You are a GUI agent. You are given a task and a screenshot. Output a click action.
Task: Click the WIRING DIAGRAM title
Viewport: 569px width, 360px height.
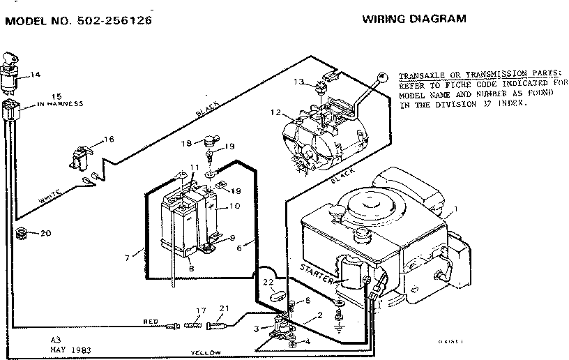[x=414, y=19]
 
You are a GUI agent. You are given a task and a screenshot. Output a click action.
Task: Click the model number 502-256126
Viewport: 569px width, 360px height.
[x=115, y=20]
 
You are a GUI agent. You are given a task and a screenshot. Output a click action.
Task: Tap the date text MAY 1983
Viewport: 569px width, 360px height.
[x=72, y=349]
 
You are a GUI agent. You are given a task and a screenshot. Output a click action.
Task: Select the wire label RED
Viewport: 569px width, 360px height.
[x=151, y=322]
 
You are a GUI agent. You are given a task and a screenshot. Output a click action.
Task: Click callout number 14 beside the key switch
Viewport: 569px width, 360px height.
[x=36, y=74]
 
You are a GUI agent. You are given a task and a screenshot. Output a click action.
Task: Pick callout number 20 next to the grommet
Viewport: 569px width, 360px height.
[x=46, y=233]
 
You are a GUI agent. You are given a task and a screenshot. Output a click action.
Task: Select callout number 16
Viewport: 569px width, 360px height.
[x=108, y=140]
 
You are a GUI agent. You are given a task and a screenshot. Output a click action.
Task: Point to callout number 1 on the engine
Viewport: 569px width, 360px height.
[x=455, y=209]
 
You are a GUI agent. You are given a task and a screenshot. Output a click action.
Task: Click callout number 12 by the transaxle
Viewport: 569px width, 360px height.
[x=275, y=113]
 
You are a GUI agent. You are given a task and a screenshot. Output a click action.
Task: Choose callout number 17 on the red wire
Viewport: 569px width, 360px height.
[x=201, y=310]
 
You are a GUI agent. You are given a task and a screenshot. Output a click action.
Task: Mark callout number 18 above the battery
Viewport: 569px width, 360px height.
[x=186, y=143]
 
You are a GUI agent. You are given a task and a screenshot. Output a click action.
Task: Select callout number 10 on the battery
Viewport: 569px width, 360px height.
[x=234, y=205]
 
